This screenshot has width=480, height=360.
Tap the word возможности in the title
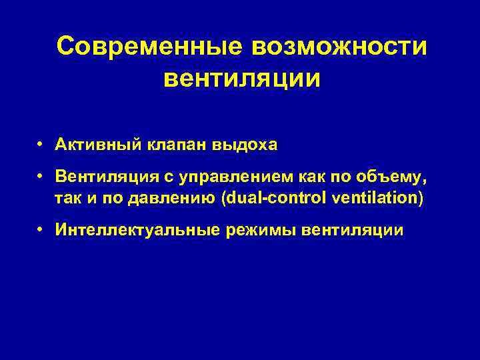pos(339,46)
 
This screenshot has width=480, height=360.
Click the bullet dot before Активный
pos(41,144)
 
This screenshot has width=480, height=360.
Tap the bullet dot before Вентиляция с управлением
pos(41,177)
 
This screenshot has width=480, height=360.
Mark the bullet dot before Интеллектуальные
pos(41,230)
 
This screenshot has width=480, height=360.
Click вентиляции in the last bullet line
pos(353,231)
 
